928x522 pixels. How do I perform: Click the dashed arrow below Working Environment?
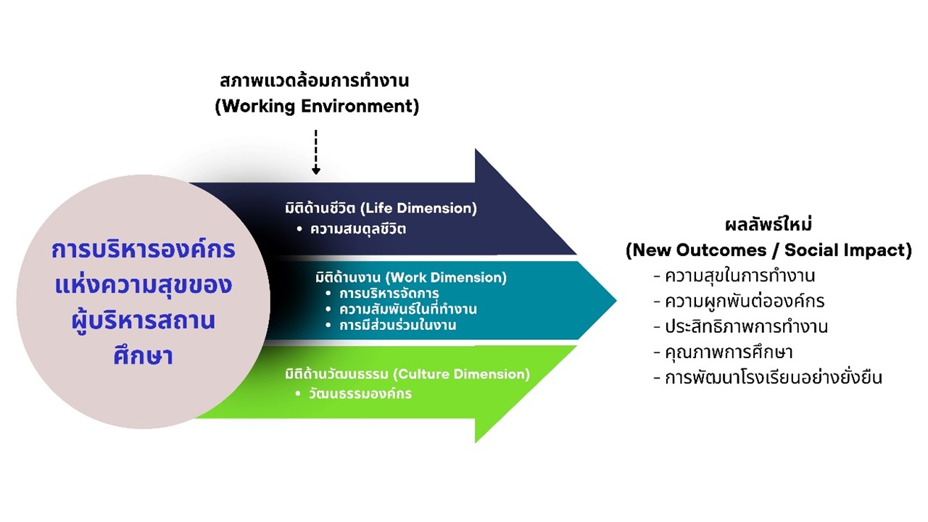click(x=316, y=152)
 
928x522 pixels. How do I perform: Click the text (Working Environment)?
click(x=317, y=106)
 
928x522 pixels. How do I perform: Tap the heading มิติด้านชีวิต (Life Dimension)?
click(x=381, y=208)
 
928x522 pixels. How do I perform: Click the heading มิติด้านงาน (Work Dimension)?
click(x=411, y=277)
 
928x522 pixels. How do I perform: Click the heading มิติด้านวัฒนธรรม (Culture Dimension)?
click(x=407, y=374)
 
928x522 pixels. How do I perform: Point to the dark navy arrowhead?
click(x=522, y=203)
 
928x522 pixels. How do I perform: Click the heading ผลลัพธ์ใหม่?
click(x=768, y=224)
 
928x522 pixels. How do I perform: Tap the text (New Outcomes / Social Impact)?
click(x=768, y=250)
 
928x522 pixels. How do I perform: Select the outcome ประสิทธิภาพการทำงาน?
click(x=746, y=326)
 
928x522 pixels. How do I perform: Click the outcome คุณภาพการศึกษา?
click(x=728, y=352)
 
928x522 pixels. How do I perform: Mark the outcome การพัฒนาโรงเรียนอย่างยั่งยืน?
click(x=773, y=377)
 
